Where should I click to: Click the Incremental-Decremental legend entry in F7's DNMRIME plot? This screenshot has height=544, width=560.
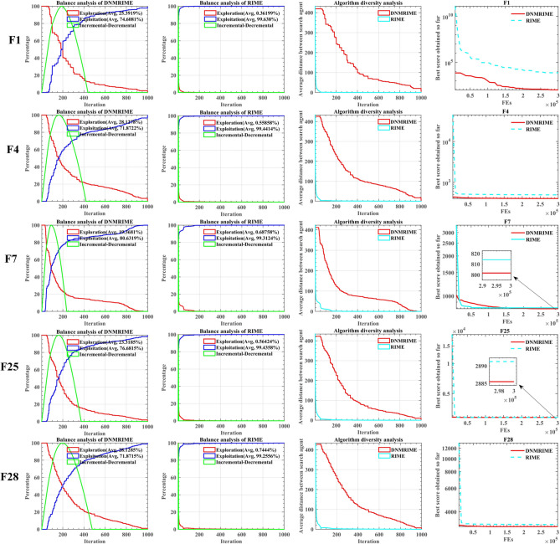(108, 248)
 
